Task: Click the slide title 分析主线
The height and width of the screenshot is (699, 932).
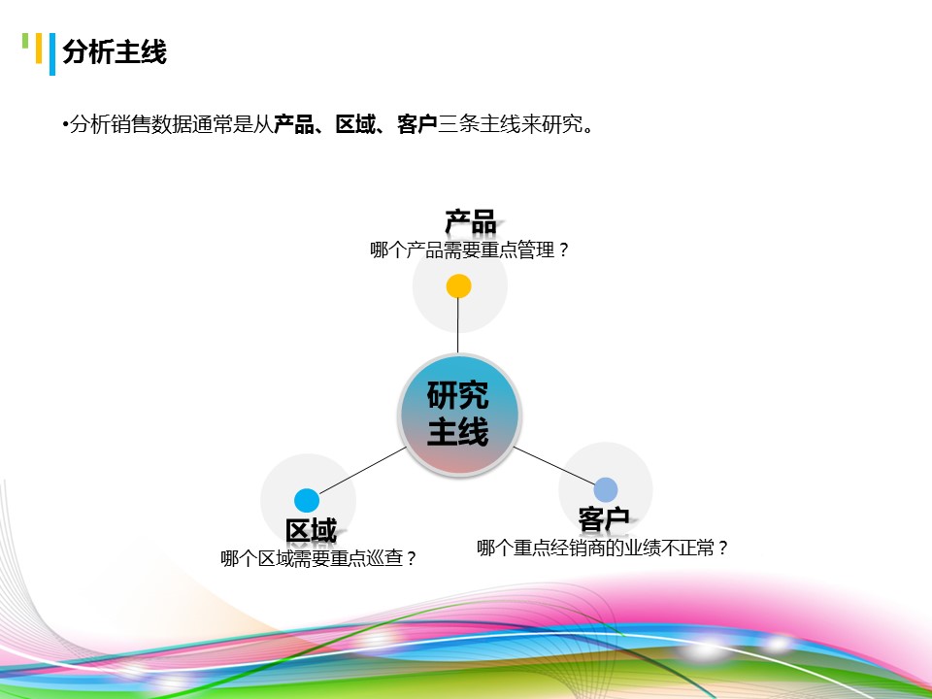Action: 115,52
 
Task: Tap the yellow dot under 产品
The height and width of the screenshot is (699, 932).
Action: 458,286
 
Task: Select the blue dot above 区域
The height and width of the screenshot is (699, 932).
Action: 307,501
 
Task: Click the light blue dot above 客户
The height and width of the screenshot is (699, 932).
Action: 606,489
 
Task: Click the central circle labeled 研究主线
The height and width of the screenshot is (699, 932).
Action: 458,415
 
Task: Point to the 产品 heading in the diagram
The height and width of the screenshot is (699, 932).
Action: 471,222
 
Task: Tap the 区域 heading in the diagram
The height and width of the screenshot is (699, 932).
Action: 311,531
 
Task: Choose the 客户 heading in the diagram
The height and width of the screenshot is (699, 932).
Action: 603,518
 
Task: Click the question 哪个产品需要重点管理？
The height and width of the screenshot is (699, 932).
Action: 470,250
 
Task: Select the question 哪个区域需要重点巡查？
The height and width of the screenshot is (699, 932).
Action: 319,559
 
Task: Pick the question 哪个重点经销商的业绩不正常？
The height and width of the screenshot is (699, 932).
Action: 602,549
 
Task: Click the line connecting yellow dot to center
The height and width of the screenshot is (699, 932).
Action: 458,325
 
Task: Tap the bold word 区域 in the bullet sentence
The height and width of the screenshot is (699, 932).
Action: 354,124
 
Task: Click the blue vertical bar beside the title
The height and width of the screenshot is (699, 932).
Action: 51,54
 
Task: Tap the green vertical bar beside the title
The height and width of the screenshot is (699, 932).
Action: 25,41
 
